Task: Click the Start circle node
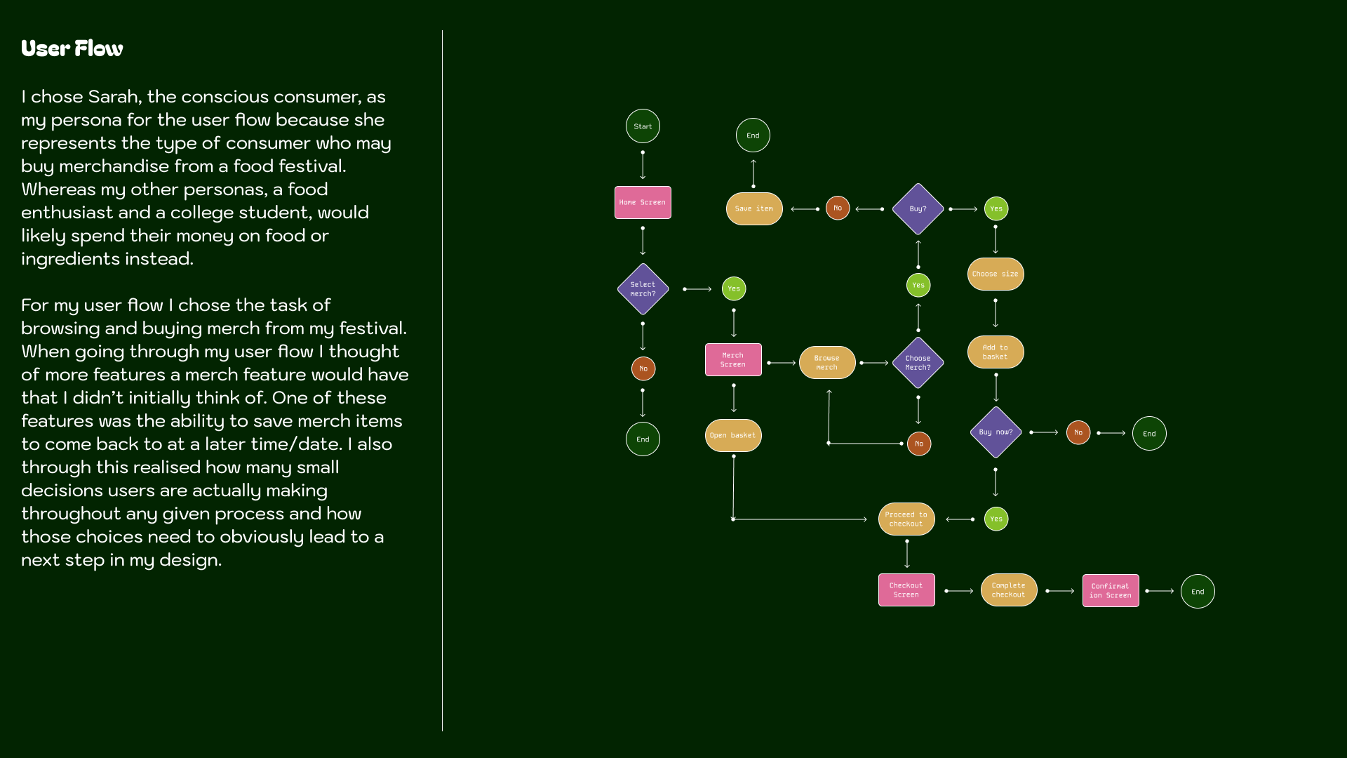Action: tap(643, 126)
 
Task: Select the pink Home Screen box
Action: tap(643, 202)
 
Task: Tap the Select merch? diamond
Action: tap(643, 289)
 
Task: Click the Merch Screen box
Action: tap(733, 359)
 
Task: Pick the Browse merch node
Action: tap(827, 362)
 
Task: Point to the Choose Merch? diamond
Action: tap(918, 363)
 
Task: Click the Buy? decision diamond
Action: tap(918, 208)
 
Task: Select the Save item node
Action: tap(754, 208)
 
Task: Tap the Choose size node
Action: tap(996, 274)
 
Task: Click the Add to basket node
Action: tap(996, 352)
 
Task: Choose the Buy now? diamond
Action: tap(996, 432)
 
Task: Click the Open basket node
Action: tap(733, 435)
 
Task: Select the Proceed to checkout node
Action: tap(906, 519)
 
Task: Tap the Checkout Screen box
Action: tap(906, 590)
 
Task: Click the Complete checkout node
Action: tap(1009, 590)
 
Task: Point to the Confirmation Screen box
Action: tap(1111, 590)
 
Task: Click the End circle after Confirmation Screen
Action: tap(1198, 591)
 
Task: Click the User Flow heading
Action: tap(72, 48)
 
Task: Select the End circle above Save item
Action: tap(753, 135)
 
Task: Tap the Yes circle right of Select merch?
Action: tap(734, 288)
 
